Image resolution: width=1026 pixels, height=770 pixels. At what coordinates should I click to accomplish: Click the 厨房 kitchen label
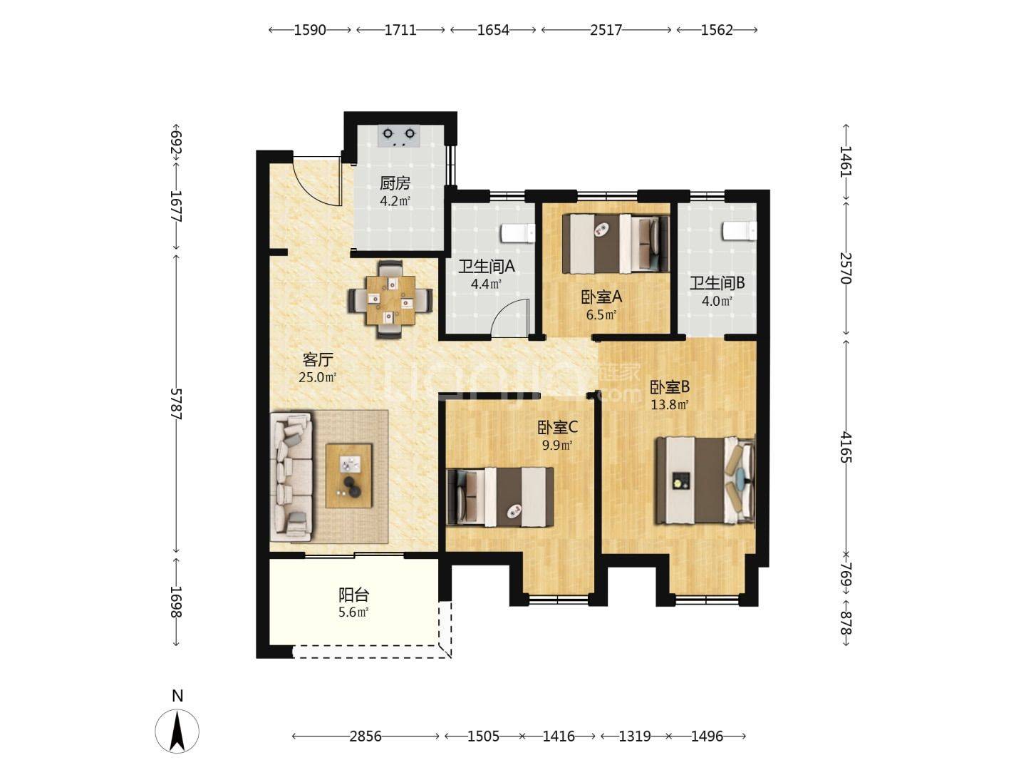[395, 183]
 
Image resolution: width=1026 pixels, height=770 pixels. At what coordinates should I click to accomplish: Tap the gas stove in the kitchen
[399, 136]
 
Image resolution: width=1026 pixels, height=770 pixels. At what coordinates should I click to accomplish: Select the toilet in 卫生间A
[518, 233]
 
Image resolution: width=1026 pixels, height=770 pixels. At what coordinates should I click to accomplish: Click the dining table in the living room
[390, 300]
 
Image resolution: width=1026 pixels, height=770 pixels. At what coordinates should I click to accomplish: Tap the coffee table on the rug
[348, 475]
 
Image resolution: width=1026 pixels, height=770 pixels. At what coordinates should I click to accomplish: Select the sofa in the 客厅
[291, 478]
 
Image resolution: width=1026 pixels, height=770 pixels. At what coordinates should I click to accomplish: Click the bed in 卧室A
[616, 243]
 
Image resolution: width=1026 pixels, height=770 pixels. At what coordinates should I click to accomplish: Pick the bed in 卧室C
[500, 496]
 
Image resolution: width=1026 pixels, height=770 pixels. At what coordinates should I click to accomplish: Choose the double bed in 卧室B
[705, 480]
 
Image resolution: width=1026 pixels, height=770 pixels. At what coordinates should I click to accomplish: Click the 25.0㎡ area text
[317, 377]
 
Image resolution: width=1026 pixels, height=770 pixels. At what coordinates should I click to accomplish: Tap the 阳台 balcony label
[354, 595]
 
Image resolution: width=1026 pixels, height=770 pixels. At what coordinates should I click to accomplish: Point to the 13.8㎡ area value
[670, 404]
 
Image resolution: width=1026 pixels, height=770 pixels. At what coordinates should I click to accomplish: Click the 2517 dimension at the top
[606, 30]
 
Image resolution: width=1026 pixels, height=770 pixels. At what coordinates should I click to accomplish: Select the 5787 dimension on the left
[176, 404]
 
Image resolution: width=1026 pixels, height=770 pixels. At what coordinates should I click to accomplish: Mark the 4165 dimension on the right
[846, 447]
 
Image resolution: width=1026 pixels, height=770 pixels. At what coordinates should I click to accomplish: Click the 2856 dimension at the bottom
[366, 736]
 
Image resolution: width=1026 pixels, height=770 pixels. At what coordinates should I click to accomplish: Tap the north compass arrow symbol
[177, 731]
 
